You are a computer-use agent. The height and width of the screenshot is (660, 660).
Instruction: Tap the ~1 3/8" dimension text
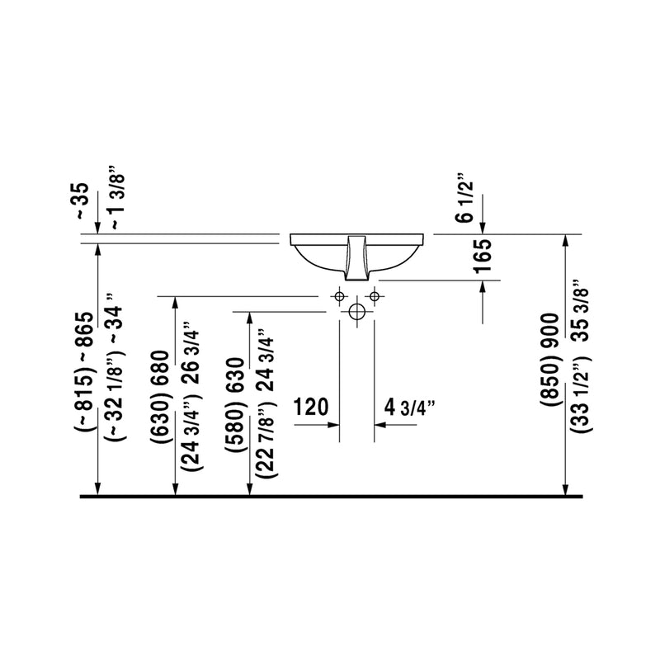pyautogui.click(x=116, y=197)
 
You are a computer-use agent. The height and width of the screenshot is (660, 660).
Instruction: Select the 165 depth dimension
pyautogui.click(x=482, y=256)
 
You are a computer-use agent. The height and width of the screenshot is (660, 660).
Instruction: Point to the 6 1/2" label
pyautogui.click(x=466, y=197)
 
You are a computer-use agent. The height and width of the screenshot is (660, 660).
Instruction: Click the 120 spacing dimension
pyautogui.click(x=311, y=407)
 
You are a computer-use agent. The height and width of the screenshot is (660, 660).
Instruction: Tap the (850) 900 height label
pyautogui.click(x=549, y=361)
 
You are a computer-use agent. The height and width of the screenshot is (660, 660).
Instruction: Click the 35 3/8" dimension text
pyautogui.click(x=582, y=309)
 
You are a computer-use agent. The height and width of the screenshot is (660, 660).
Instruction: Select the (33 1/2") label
pyautogui.click(x=582, y=394)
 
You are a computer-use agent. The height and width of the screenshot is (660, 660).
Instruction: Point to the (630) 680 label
pyautogui.click(x=160, y=397)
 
